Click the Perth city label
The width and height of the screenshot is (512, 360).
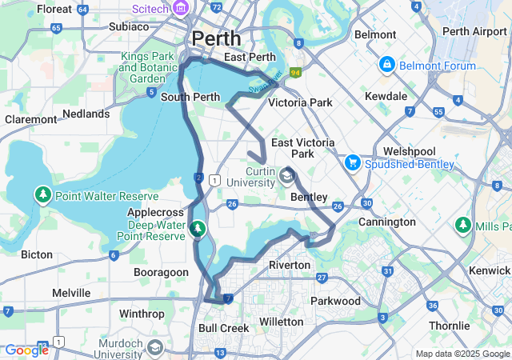(215, 38)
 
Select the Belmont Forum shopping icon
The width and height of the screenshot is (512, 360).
(386, 63)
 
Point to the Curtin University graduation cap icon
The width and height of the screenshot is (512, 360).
(286, 175)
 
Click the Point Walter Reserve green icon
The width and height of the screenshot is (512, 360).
(42, 194)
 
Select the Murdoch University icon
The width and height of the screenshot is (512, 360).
(154, 349)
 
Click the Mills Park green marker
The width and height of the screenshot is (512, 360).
(462, 226)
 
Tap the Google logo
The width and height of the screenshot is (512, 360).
(26, 350)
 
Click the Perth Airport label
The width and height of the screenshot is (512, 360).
(474, 31)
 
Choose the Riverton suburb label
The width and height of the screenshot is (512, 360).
(289, 265)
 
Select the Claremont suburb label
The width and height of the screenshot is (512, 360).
(30, 119)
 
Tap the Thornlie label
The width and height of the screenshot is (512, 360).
(449, 326)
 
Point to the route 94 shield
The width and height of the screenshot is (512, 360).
(294, 73)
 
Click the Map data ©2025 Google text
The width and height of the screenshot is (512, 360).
(462, 354)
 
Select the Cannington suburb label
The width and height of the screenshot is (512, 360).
(386, 222)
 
